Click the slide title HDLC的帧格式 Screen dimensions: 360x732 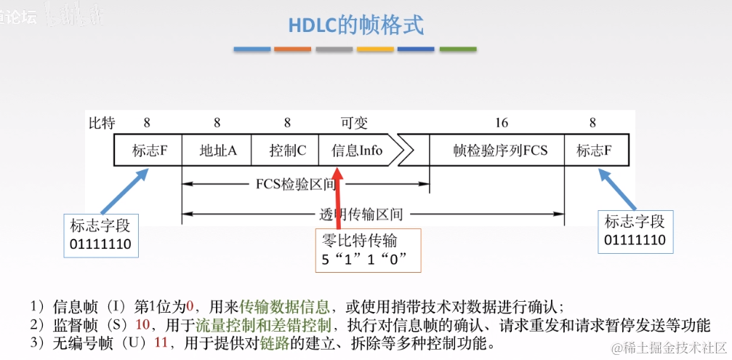[x=355, y=25]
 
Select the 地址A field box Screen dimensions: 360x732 [x=217, y=151]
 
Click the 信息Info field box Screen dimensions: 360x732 [x=357, y=151]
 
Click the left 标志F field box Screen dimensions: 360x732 [x=148, y=151]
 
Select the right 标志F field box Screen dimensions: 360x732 [x=593, y=151]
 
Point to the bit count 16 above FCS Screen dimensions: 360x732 [x=501, y=123]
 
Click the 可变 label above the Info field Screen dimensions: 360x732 [x=356, y=123]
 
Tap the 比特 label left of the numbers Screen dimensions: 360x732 [x=101, y=123]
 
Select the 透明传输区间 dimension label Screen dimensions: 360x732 [x=361, y=215]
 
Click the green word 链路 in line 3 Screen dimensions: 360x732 [x=273, y=342]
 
